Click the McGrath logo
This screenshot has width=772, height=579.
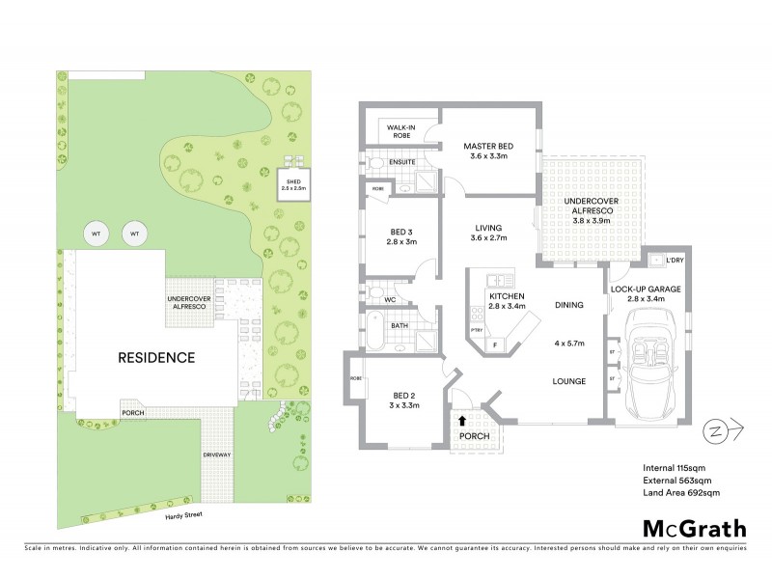pos(694,528)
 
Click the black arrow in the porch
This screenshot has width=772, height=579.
pos(463,420)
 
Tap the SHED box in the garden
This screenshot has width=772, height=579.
pos(292,182)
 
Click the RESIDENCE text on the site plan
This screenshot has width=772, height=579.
pos(155,357)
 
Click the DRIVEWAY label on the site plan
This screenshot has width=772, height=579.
pos(216,454)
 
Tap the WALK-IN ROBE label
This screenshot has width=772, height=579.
pos(400,131)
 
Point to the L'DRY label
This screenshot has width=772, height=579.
pos(675,261)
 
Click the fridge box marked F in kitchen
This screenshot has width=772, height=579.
pos(496,345)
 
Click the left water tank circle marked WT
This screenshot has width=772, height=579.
pos(96,234)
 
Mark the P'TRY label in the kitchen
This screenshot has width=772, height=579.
pos(475,330)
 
